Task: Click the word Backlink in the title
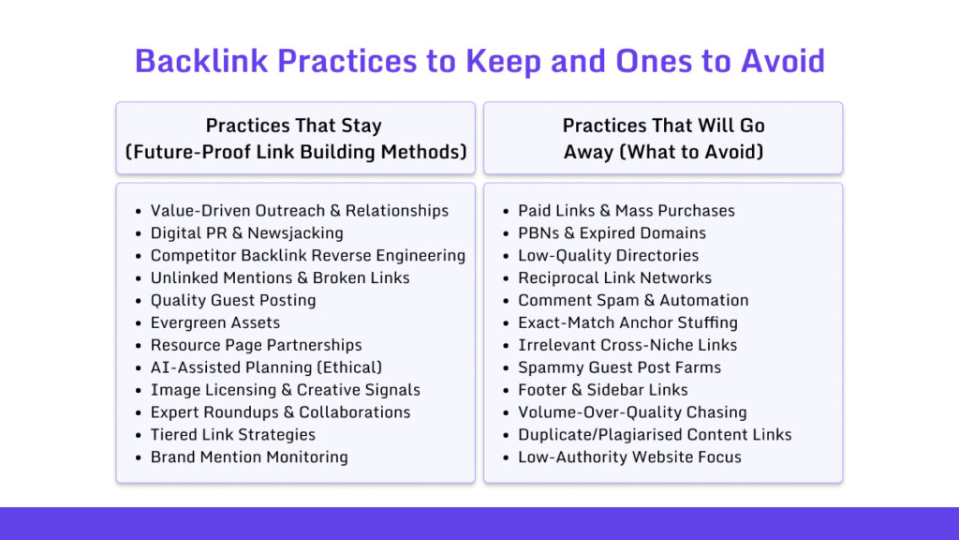201,61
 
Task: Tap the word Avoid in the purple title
783,61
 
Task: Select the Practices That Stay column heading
296,139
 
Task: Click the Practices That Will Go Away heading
664,139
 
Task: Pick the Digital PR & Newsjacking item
247,233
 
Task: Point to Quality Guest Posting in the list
233,301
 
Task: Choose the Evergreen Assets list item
215,322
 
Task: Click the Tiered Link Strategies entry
233,435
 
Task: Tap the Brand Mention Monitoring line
249,457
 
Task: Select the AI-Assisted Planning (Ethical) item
266,367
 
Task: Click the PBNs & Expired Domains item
612,233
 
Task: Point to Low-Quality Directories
609,255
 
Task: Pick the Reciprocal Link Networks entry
615,277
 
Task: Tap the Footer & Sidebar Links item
603,390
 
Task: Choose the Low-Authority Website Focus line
630,457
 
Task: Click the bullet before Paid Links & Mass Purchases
506,212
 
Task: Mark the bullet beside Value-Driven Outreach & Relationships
139,212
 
